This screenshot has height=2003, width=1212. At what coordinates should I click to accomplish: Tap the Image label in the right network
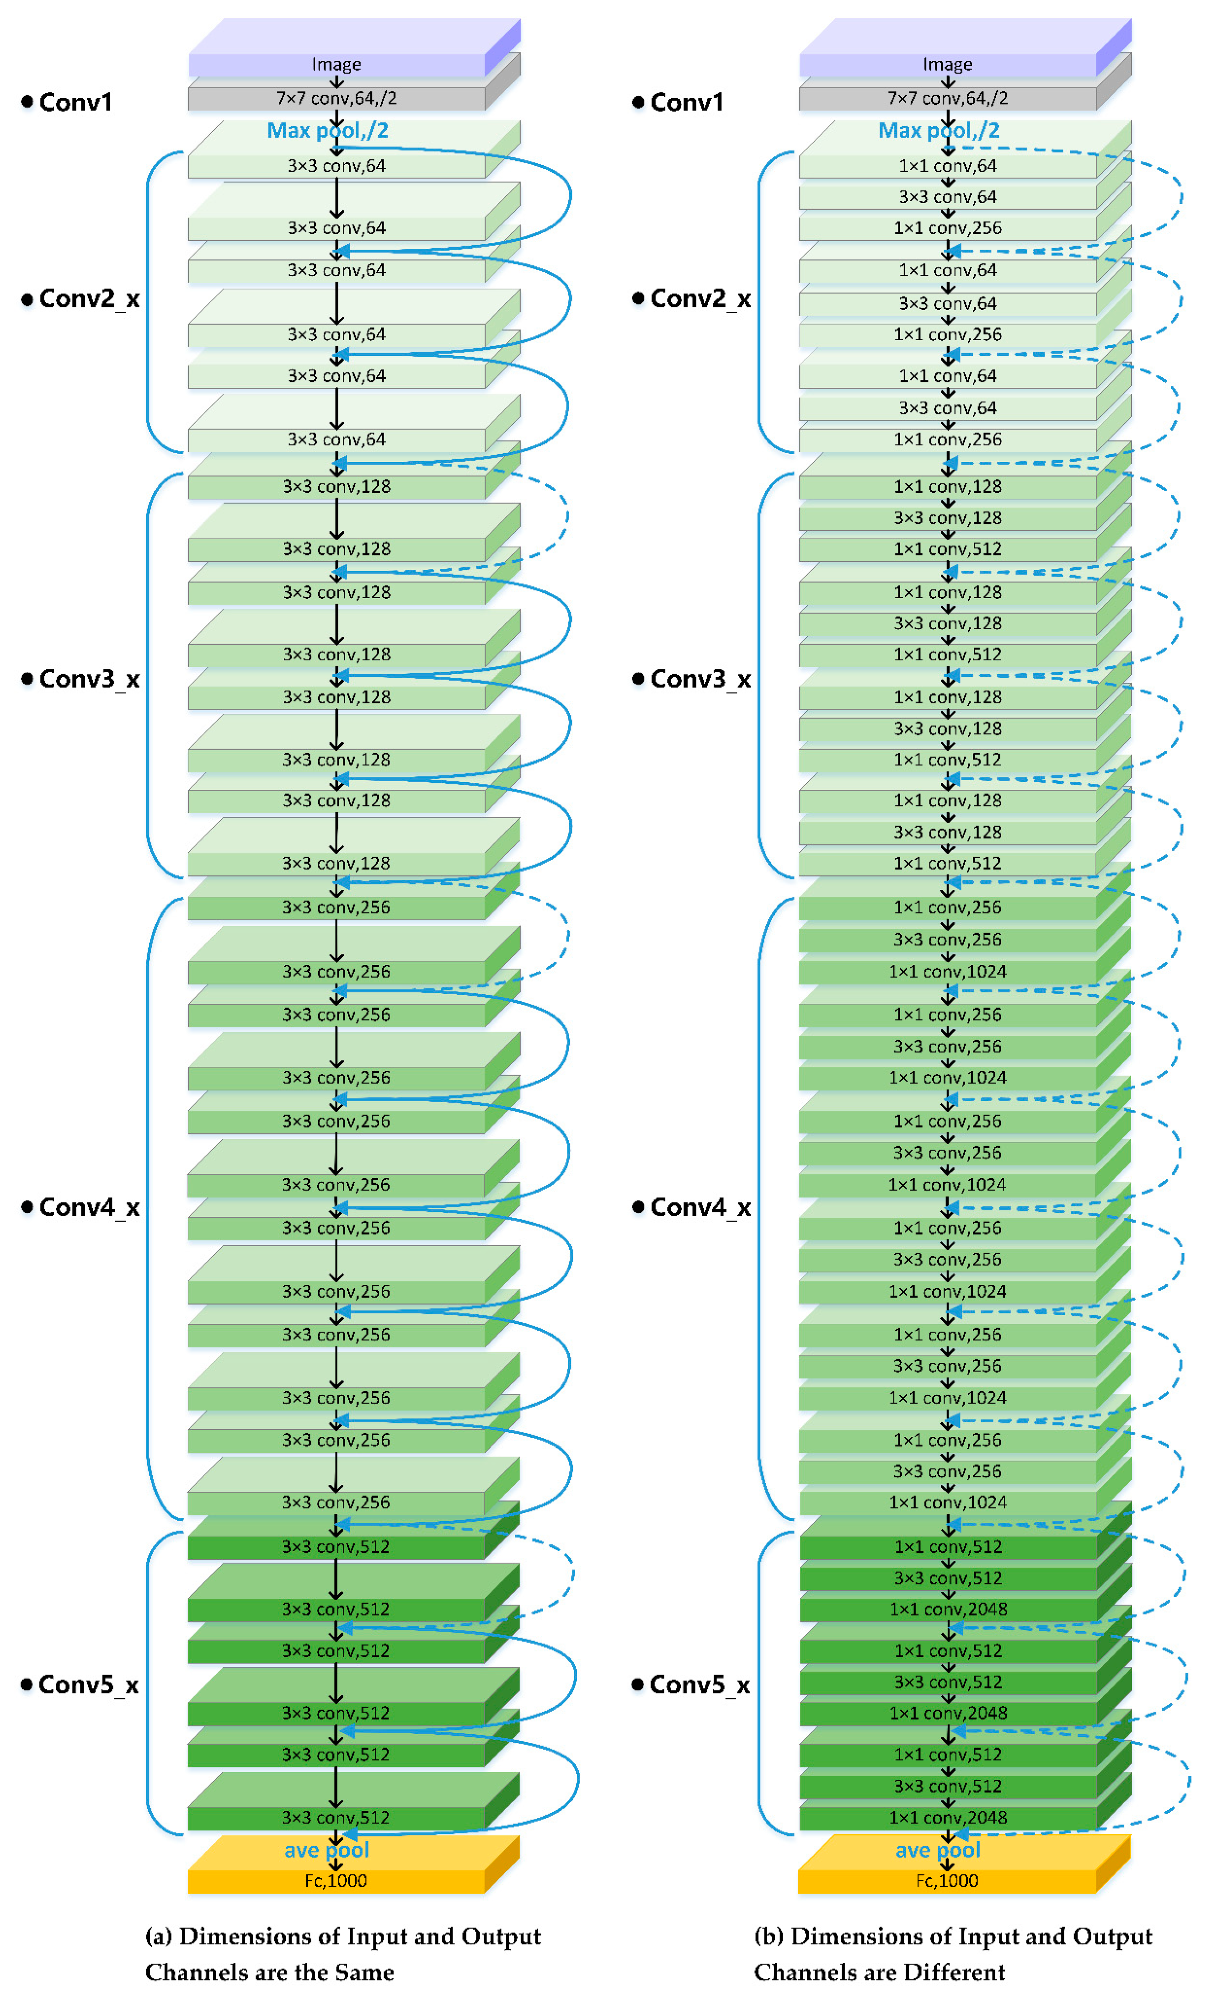(x=947, y=64)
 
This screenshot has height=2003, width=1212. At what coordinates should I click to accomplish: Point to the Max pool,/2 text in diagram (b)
(x=939, y=130)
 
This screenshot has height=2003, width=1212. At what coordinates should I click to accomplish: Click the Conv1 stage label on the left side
(x=75, y=102)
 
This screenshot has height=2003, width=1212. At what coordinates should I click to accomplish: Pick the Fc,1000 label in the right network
(x=947, y=1880)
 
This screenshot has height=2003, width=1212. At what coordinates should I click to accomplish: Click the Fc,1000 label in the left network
(x=336, y=1880)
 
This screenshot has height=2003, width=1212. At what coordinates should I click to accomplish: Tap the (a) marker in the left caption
(x=159, y=1936)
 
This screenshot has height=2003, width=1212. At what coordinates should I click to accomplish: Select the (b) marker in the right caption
(x=769, y=1936)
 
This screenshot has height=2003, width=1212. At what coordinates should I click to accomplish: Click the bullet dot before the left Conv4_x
(x=27, y=1207)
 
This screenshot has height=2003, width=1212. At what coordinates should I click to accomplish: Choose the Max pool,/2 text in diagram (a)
(x=328, y=130)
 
